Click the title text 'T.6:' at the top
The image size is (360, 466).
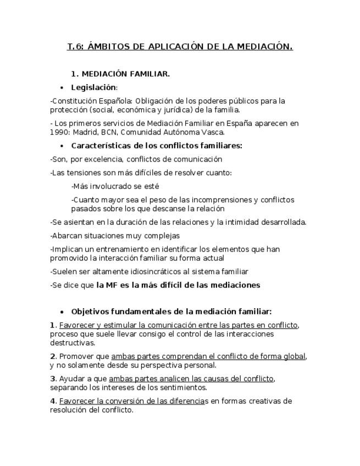pos(75,47)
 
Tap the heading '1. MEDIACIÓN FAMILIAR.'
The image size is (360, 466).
pos(120,74)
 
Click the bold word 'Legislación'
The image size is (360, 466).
pos(93,87)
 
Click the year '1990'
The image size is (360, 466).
pos(59,132)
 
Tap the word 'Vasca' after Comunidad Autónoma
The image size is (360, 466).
pos(213,132)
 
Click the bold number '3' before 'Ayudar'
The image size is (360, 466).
pos(52,379)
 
